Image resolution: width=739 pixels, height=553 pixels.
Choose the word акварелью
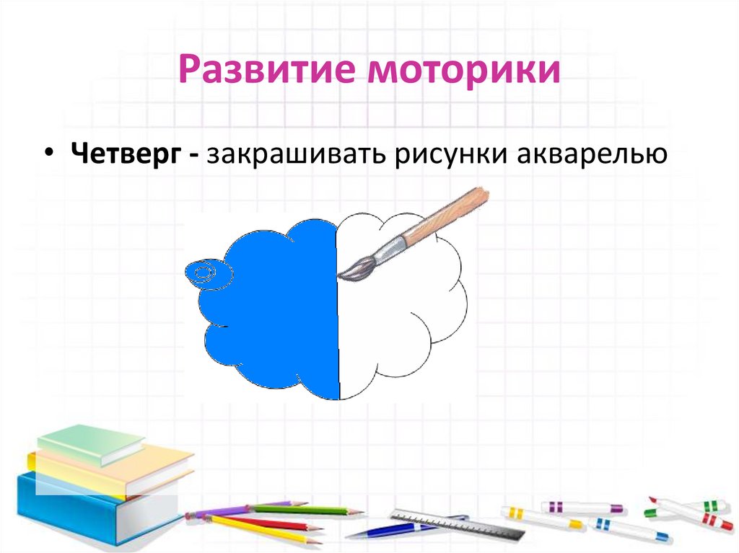[x=589, y=156]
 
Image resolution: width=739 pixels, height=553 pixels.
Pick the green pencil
[x=303, y=510]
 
